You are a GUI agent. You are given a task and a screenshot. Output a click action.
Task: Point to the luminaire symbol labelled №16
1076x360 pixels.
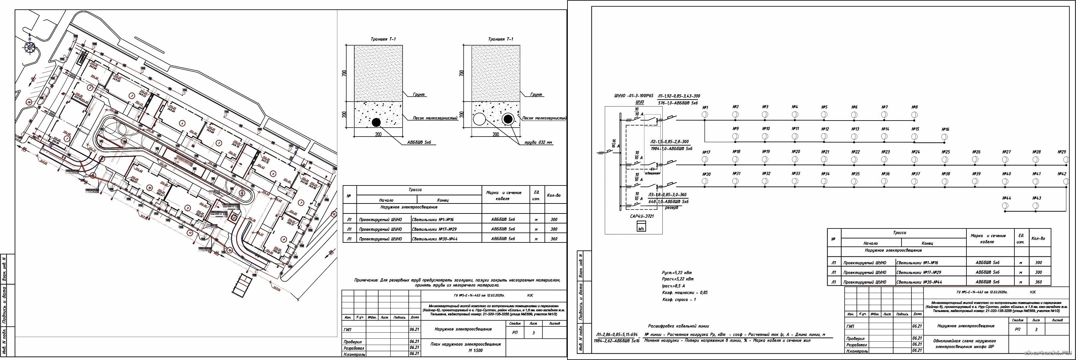[945, 137]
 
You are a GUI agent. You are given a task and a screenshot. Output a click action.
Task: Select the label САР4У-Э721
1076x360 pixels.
[642, 216]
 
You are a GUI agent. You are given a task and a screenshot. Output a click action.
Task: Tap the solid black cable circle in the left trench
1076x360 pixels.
[376, 122]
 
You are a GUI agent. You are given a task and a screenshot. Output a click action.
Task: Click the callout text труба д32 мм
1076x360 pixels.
[539, 143]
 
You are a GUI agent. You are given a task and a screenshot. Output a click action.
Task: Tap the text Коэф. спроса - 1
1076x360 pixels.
[679, 299]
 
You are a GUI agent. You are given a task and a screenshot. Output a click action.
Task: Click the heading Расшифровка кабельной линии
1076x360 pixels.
[678, 326]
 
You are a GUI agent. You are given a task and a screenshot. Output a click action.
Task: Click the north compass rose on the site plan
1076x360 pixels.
[30, 48]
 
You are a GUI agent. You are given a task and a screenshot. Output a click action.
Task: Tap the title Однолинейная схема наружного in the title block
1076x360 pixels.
[964, 341]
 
